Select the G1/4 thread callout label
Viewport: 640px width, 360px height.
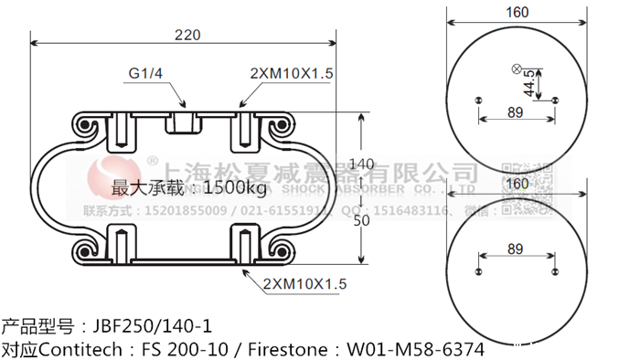pos(141,74)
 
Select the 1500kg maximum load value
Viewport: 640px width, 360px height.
pos(234,189)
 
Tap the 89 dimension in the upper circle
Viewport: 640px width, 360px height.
pos(515,113)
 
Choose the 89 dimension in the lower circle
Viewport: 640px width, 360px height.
pos(515,249)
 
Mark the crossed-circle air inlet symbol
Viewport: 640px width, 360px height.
pos(515,69)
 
